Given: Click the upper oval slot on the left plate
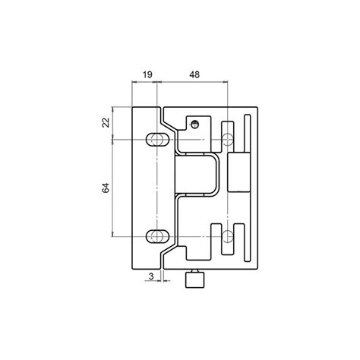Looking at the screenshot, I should (x=157, y=139).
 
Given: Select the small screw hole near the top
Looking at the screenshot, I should (x=195, y=122).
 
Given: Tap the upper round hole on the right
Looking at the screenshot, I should (x=227, y=139).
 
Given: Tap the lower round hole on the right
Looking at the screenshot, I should (x=227, y=235).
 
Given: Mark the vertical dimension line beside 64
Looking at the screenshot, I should (x=114, y=187).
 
